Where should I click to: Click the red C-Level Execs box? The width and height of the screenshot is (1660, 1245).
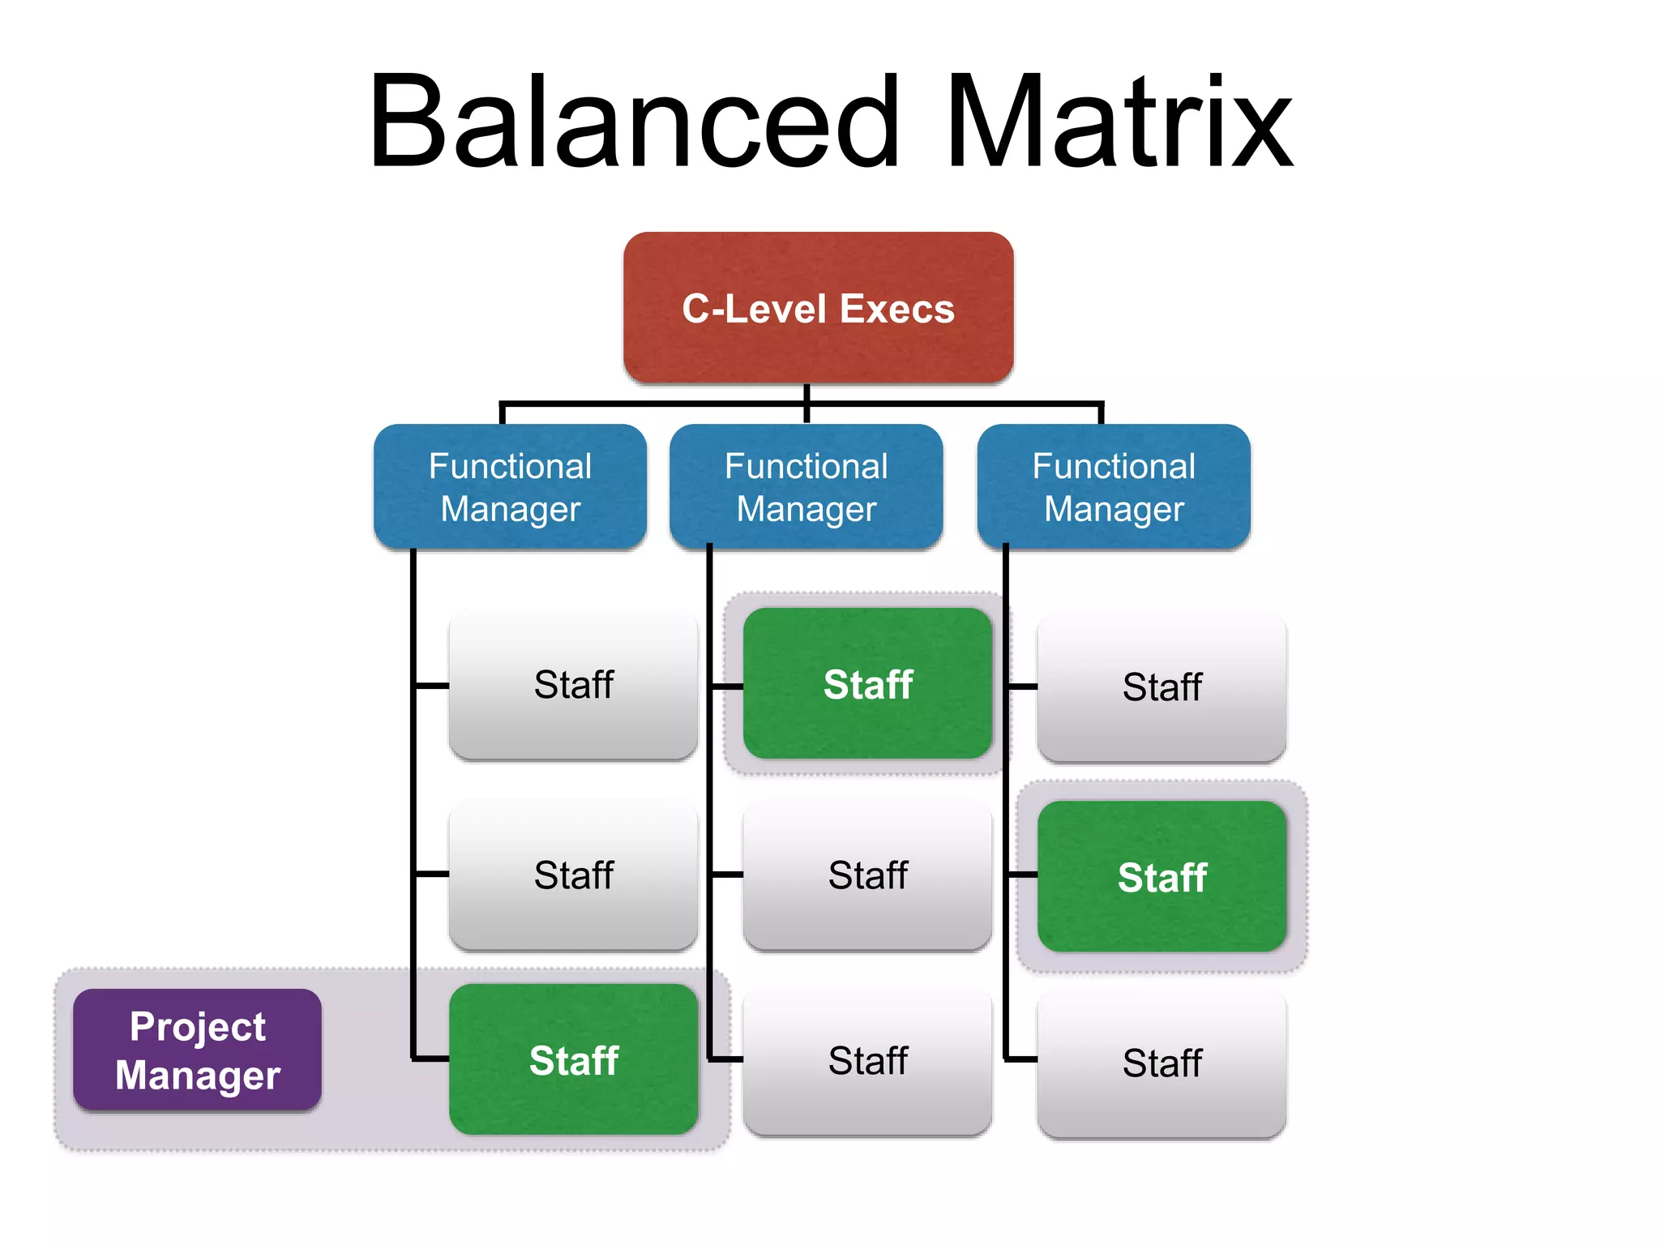(818, 307)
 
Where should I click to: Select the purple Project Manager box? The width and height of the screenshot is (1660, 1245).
(197, 1050)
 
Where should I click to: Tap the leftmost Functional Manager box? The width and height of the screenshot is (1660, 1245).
(510, 486)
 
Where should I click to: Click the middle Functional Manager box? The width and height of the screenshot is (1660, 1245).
(806, 486)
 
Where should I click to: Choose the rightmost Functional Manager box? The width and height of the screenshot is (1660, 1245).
(1114, 486)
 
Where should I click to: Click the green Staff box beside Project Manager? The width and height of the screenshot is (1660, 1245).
(573, 1059)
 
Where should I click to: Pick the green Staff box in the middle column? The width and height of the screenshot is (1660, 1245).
(867, 683)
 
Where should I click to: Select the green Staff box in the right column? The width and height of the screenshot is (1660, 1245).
(1162, 876)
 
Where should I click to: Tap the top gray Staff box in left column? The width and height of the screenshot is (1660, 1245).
(573, 684)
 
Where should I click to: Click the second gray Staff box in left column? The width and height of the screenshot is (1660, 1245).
(573, 875)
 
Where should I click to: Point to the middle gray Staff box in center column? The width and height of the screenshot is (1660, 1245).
(867, 875)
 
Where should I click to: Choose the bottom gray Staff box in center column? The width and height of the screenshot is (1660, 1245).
(867, 1060)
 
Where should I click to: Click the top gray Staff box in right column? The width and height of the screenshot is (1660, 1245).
(1162, 687)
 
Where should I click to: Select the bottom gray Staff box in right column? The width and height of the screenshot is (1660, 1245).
(1162, 1063)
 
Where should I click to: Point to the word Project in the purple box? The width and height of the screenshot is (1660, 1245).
(197, 1026)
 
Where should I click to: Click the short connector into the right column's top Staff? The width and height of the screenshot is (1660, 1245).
(1021, 687)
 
